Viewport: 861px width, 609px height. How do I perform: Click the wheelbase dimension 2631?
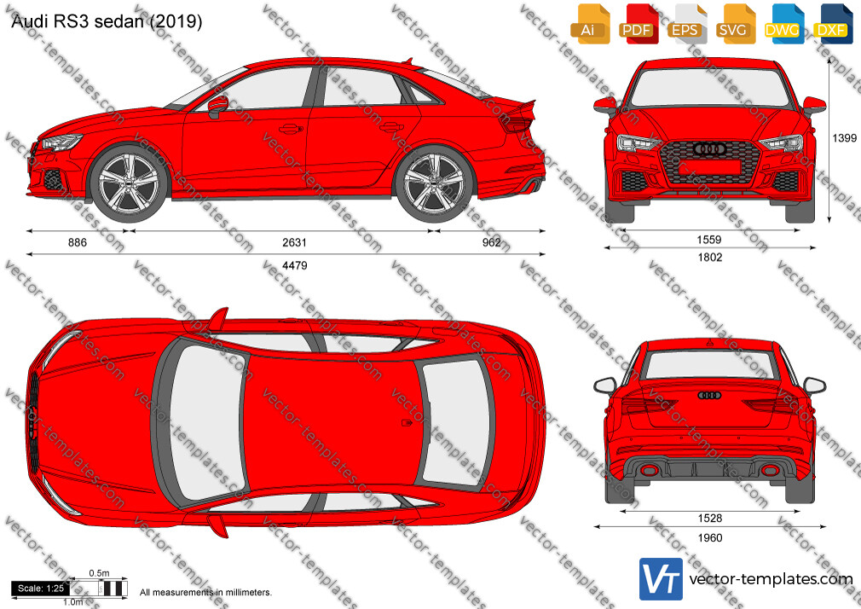coord(294,242)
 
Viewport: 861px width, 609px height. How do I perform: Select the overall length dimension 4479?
coord(294,265)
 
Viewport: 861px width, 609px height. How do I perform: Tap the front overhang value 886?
coord(78,242)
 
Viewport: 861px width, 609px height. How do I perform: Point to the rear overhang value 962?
coord(491,242)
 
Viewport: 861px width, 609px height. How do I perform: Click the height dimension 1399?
coord(845,138)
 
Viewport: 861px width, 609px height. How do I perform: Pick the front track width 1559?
coord(709,240)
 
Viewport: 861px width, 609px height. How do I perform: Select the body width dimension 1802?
coord(709,258)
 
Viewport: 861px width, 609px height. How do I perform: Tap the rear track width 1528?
coord(709,518)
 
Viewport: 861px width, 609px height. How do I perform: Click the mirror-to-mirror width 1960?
coord(709,537)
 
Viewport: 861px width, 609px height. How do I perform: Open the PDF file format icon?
coord(638,24)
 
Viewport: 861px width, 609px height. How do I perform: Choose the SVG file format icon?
coord(734,24)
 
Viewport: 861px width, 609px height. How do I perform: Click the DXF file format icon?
coord(831,24)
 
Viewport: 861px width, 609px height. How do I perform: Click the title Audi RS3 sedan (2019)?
coord(107,21)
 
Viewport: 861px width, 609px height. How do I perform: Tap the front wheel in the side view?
coord(129,183)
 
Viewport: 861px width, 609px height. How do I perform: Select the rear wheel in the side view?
coord(434,183)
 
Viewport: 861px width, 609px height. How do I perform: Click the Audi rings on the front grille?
coord(710,148)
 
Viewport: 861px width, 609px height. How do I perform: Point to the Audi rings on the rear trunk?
coord(709,395)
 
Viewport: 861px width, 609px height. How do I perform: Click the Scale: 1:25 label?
coord(41,589)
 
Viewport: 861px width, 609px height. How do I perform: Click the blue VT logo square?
coord(662,579)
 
